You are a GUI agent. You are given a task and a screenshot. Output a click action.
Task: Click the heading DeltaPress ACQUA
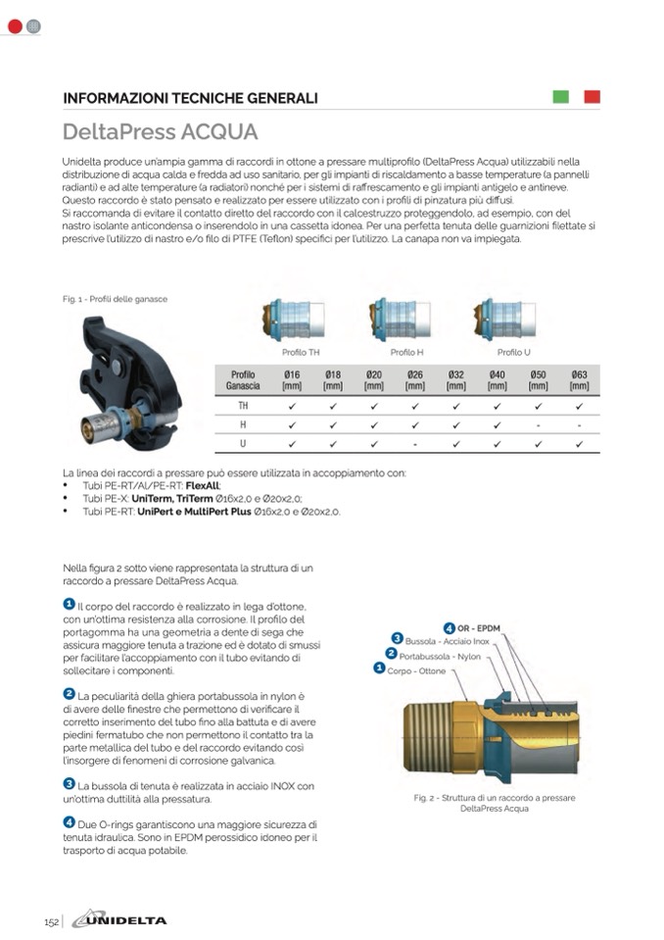tap(160, 131)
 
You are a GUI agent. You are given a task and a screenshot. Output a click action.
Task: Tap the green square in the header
tap(561, 97)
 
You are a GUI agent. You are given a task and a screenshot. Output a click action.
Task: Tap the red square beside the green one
tap(592, 97)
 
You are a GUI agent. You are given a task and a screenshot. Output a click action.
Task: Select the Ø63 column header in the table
tap(579, 380)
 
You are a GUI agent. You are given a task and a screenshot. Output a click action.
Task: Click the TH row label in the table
tap(243, 404)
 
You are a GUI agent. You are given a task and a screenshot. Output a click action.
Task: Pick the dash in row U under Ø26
tap(414, 445)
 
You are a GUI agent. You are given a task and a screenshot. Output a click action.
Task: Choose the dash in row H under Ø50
tap(538, 424)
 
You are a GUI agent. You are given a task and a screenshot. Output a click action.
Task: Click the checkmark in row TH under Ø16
tap(292, 404)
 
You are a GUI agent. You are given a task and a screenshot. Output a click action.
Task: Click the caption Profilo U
tap(514, 352)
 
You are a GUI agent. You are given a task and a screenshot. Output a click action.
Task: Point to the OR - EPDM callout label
tap(479, 627)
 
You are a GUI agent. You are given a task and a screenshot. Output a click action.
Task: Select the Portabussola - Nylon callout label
tap(440, 656)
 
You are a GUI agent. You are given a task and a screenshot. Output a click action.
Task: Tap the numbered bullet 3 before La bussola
tap(69, 783)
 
